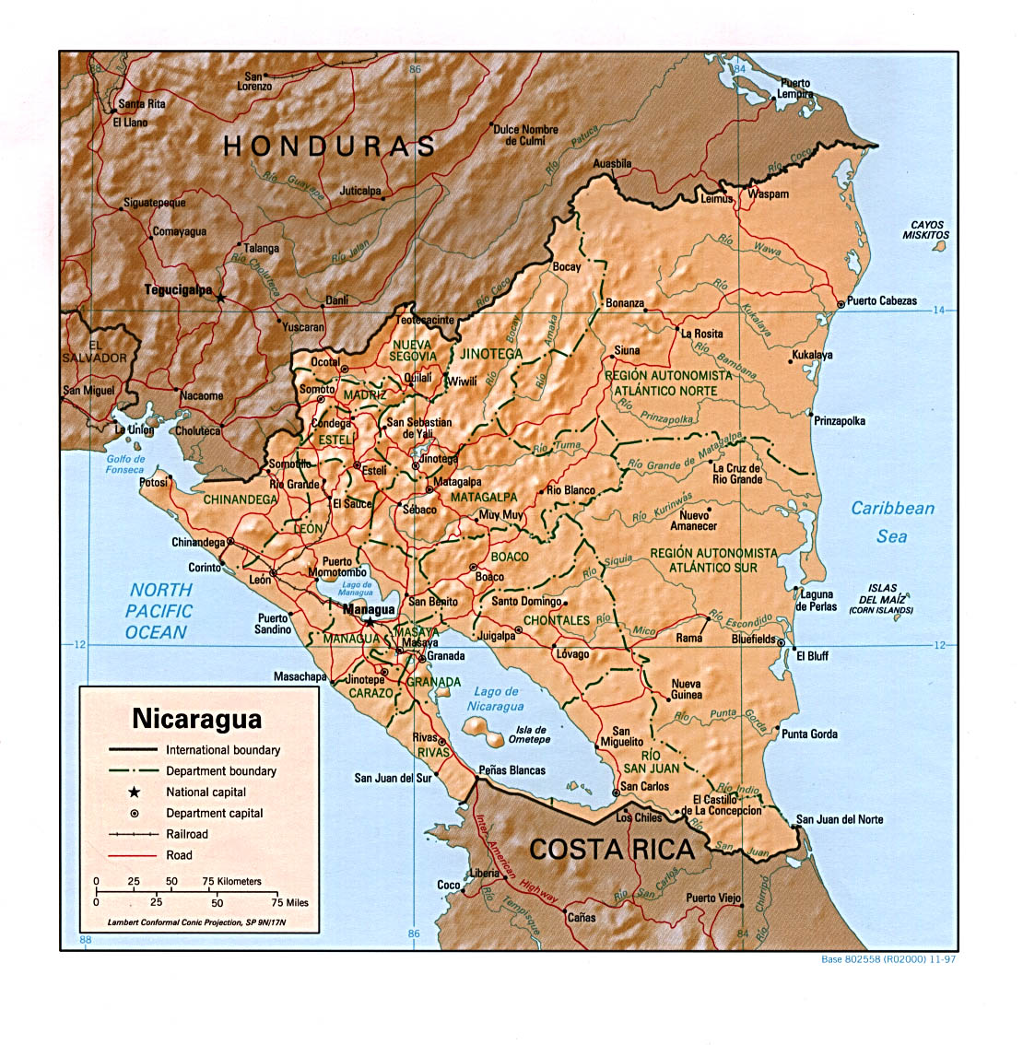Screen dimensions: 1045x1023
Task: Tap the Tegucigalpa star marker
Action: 220,297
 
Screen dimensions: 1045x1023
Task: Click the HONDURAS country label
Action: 329,146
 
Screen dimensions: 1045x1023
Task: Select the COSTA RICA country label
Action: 611,849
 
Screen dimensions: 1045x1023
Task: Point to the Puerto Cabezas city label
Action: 881,301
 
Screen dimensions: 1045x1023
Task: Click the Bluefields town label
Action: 753,639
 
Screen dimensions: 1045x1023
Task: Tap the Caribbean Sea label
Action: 891,522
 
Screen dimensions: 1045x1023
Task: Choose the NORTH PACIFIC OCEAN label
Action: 159,611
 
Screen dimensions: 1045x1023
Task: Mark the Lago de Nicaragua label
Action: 496,699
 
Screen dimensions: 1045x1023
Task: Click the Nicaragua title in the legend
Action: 197,718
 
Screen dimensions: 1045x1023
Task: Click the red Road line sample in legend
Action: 133,855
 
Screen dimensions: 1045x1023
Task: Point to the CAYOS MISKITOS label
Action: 926,229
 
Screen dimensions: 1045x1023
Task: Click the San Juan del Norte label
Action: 839,819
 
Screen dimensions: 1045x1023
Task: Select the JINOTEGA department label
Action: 490,354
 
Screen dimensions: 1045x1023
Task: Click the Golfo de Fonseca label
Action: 126,464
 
